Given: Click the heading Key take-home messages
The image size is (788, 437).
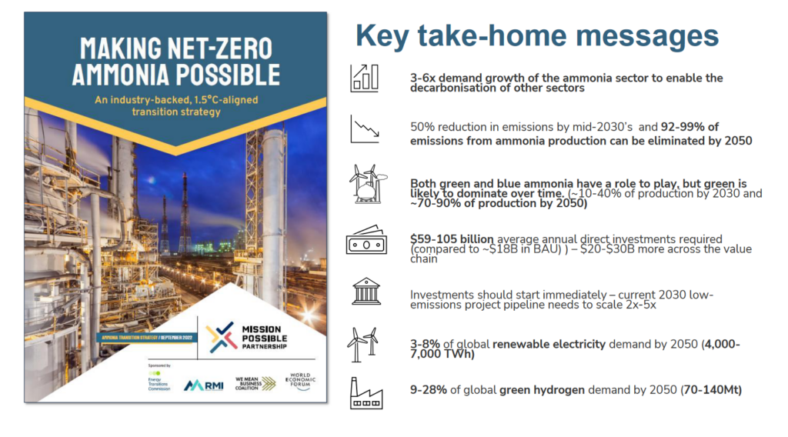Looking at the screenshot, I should point(536,35).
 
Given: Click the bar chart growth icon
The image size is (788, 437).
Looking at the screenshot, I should point(364,78).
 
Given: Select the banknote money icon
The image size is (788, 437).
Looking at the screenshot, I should point(365,243).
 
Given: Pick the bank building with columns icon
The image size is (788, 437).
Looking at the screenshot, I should point(365,292).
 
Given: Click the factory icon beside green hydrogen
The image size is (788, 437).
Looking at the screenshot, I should point(366,392).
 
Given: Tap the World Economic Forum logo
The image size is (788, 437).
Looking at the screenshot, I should point(300,382).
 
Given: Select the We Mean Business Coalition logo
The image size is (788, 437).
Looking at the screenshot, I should point(255,383).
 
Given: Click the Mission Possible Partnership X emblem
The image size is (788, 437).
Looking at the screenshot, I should point(221,335).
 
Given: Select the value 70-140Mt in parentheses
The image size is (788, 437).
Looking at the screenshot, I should point(712,390).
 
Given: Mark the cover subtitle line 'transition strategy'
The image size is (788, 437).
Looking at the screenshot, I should point(175,112).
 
